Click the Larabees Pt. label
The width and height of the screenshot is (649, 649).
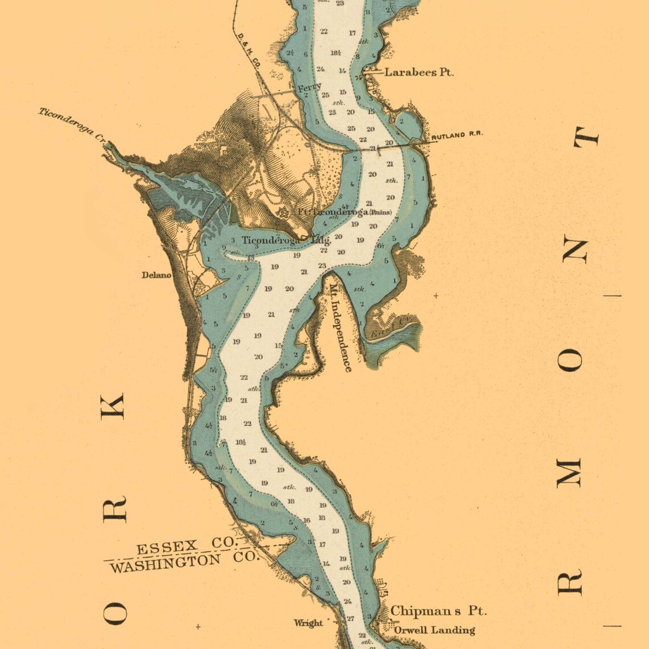(x=419, y=72)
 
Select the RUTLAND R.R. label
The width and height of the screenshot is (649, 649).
(x=457, y=135)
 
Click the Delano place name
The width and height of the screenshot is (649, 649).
(x=156, y=275)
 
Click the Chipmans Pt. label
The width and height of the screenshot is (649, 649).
(x=438, y=611)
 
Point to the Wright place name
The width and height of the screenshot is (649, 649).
(x=308, y=623)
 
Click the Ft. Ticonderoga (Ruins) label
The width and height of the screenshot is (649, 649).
(x=344, y=212)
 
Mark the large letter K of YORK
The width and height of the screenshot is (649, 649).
(x=113, y=406)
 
